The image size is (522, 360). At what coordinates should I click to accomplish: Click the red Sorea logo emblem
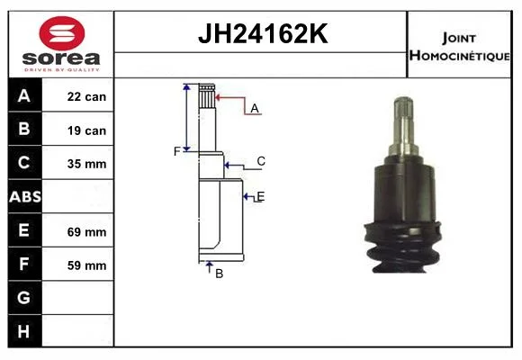[62, 33]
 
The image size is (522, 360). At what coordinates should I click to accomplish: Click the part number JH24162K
[263, 33]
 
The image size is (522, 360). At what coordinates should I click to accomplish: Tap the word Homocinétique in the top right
[459, 56]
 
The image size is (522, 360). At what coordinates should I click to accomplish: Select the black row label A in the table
[24, 96]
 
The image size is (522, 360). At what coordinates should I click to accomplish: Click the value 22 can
[86, 97]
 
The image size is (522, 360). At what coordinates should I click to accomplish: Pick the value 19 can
[86, 130]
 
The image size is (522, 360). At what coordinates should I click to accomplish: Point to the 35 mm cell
[86, 164]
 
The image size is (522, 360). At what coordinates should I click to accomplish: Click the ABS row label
[25, 197]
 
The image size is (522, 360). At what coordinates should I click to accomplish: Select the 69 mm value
[86, 232]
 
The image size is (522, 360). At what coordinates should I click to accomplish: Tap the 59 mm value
[86, 265]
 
